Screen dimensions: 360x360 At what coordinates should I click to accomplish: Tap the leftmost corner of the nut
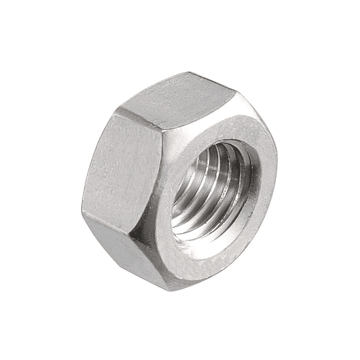point(82,205)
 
